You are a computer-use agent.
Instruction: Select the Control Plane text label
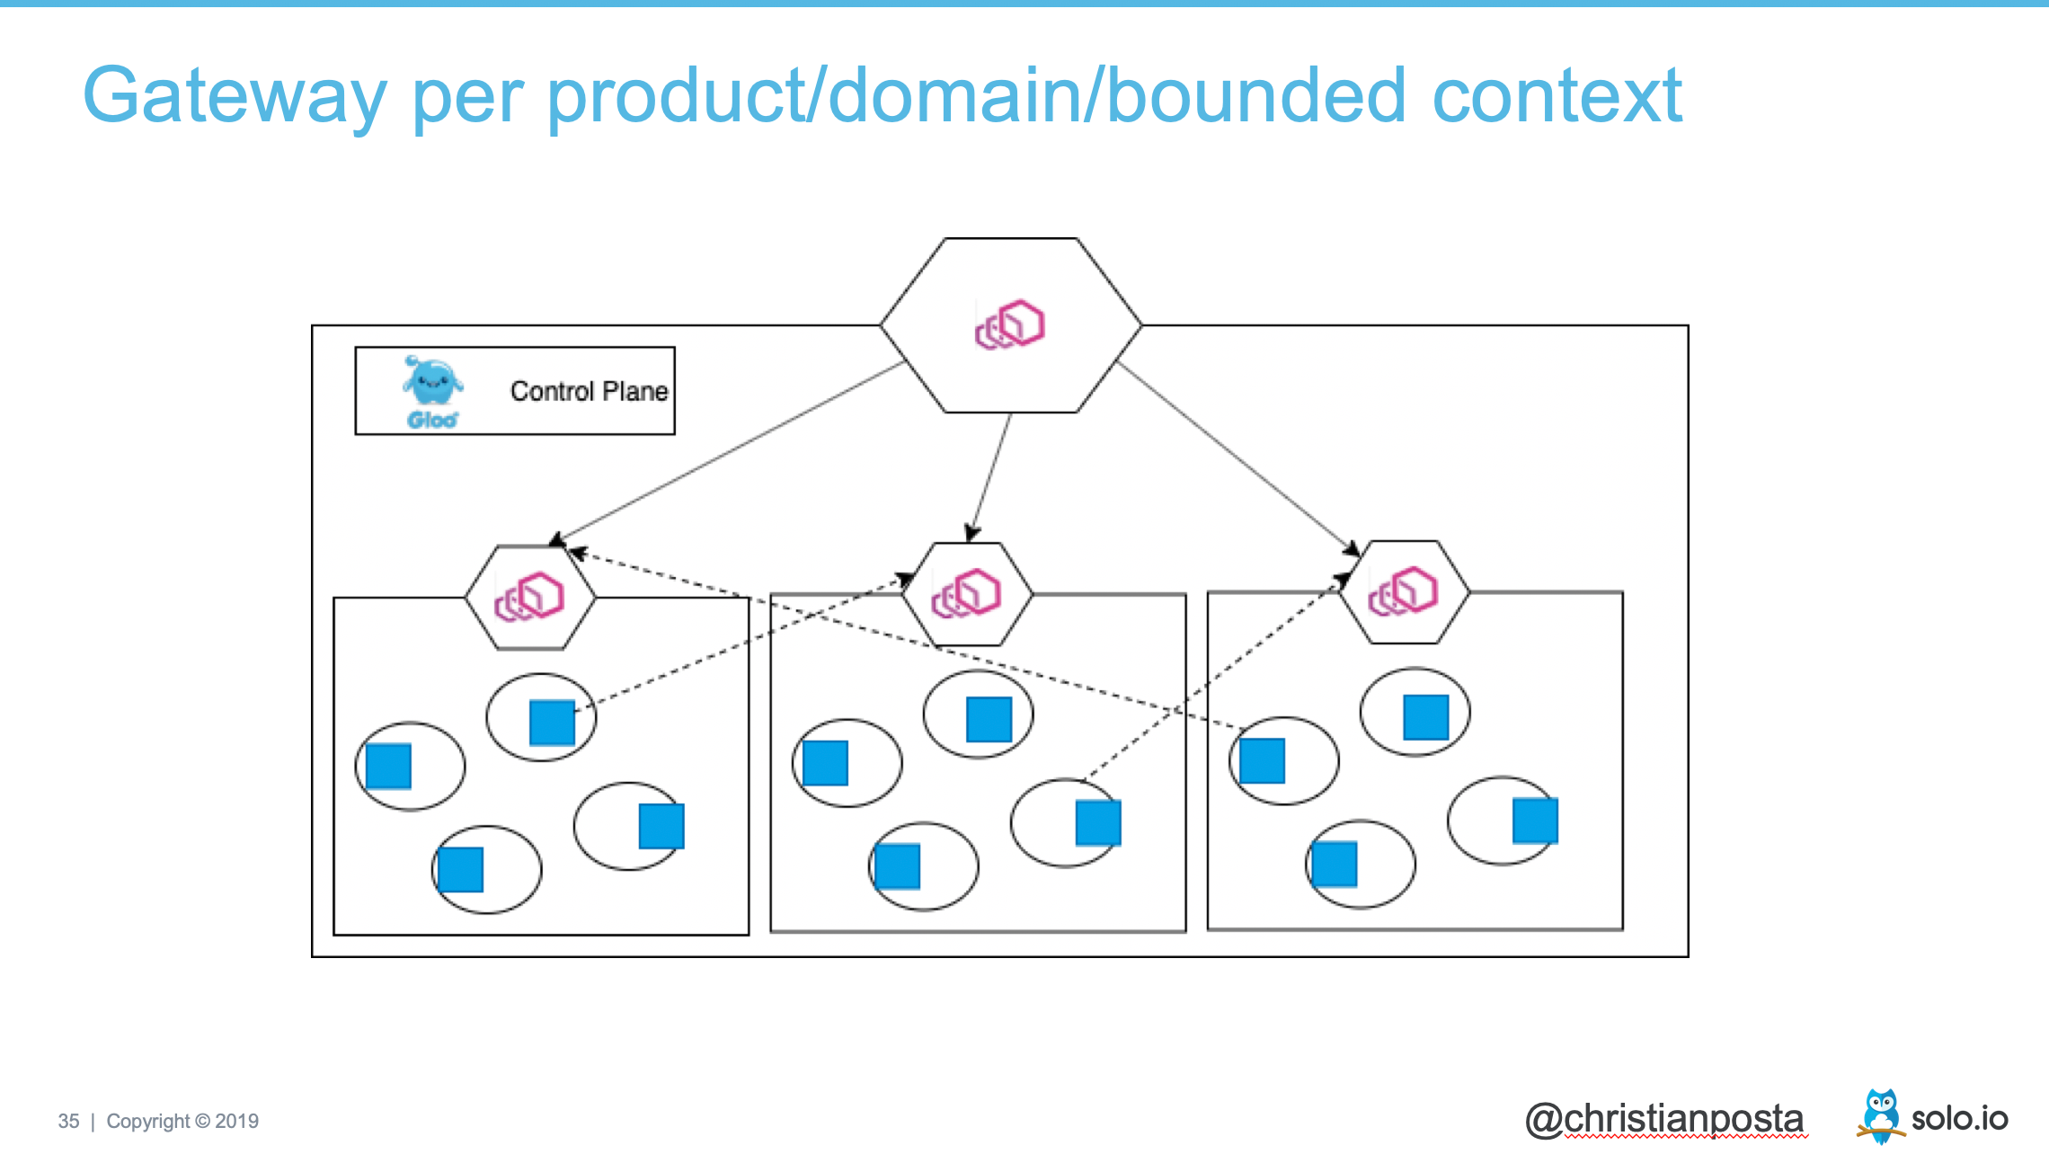tap(589, 391)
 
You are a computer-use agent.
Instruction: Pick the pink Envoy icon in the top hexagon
tap(1010, 324)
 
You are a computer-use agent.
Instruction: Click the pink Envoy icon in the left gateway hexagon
tap(529, 596)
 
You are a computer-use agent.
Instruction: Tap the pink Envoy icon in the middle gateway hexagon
tap(966, 593)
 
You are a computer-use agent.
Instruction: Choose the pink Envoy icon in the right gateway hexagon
tap(1403, 590)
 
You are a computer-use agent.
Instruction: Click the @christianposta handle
tap(1664, 1119)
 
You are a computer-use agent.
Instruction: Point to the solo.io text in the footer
tap(1959, 1119)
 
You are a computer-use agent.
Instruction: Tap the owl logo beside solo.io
tap(1880, 1114)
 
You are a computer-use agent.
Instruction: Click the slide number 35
tap(68, 1122)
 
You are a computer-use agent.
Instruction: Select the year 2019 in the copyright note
tap(237, 1122)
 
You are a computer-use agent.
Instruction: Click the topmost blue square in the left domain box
tap(552, 723)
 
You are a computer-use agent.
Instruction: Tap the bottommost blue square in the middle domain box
tap(897, 866)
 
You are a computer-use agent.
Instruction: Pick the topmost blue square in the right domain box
tap(1426, 717)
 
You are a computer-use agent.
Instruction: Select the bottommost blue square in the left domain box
tap(460, 869)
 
